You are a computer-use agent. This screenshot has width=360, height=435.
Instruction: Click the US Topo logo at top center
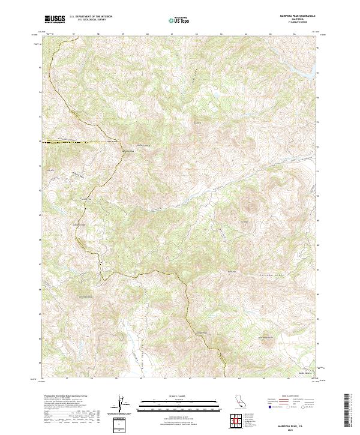click(x=182, y=19)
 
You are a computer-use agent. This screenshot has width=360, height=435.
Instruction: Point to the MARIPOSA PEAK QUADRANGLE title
click(x=297, y=15)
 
